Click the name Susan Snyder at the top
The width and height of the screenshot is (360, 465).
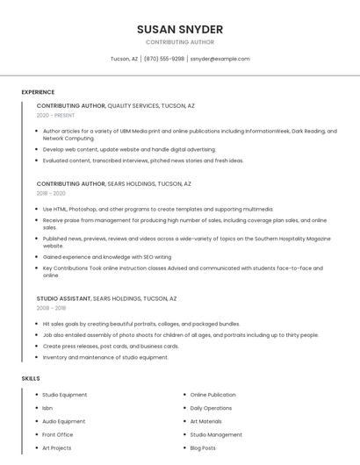coord(179,29)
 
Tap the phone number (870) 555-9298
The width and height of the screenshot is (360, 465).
coord(164,59)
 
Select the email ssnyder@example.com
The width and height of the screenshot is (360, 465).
coord(220,59)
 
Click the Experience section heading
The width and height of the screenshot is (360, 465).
coord(38,92)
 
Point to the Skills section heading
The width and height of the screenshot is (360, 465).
coord(31,378)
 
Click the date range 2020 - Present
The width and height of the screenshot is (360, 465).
coord(55,115)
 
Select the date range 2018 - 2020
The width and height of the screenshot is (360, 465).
coord(51,193)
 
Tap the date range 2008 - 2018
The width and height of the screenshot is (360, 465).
coord(51,308)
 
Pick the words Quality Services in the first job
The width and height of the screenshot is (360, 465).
coord(134,105)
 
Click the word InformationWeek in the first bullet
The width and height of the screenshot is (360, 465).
coord(272,131)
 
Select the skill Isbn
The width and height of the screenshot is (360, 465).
coord(47,408)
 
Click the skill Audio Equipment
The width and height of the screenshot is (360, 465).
coord(64,421)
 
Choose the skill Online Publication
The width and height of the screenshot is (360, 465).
coord(212,395)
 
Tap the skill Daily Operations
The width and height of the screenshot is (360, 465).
coord(211,408)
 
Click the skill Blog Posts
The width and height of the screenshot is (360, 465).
coord(203,447)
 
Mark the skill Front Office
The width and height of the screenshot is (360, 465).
coord(58,434)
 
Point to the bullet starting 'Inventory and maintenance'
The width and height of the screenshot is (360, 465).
coord(105,357)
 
